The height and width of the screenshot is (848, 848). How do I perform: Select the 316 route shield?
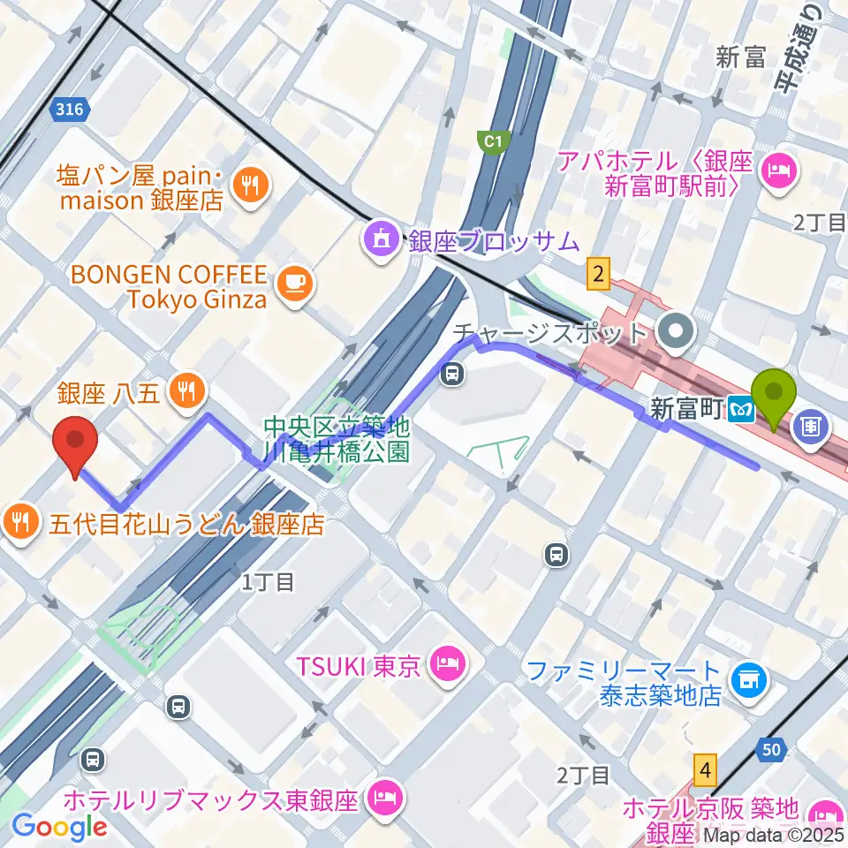click(70, 110)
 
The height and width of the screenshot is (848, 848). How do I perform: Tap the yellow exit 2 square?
click(600, 275)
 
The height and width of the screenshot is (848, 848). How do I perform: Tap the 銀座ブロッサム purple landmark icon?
click(381, 238)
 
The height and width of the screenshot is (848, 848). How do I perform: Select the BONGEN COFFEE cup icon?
click(293, 284)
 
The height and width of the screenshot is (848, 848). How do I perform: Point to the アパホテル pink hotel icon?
click(780, 164)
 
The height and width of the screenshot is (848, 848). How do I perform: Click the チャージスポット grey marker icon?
click(678, 333)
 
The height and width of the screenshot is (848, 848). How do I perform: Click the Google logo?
click(59, 827)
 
